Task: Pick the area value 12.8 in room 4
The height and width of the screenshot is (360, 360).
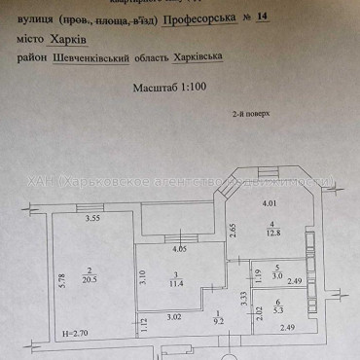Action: [274, 232]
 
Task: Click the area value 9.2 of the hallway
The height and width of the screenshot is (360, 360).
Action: [219, 318]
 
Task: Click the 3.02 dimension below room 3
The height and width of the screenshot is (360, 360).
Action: [172, 316]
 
